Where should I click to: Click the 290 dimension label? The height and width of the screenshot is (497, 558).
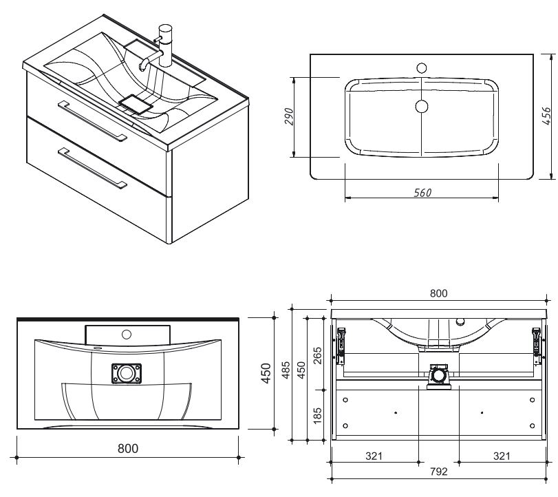click(290, 117)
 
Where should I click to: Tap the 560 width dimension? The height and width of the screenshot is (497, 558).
click(422, 193)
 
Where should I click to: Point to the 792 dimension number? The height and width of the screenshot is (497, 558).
click(438, 472)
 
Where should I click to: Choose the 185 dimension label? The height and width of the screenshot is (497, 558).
click(317, 415)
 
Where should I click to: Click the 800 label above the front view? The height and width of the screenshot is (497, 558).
click(438, 293)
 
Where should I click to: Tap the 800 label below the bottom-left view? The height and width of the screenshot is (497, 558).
click(127, 448)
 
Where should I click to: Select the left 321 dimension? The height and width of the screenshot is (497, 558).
click(374, 455)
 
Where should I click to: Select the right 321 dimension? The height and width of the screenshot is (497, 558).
click(502, 455)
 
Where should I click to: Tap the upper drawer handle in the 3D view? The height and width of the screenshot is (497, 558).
click(92, 120)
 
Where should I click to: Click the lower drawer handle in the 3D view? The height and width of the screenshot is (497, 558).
click(92, 167)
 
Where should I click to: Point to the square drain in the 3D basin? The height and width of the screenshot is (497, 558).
click(135, 105)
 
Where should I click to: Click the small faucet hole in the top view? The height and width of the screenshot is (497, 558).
click(422, 69)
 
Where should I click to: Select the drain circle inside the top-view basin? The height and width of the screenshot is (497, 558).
click(422, 106)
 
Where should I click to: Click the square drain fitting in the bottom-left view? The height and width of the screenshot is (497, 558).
click(127, 374)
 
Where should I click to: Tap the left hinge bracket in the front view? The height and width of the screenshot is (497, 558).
click(340, 342)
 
